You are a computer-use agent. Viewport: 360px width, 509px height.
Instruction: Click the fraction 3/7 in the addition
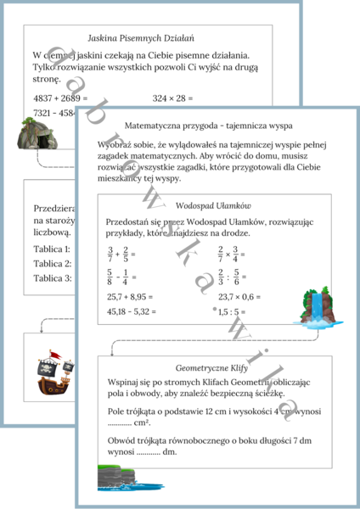pyautogui.click(x=110, y=253)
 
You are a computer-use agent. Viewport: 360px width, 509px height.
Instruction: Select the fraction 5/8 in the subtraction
pyautogui.click(x=110, y=277)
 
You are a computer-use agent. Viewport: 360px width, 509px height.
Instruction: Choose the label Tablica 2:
pyautogui.click(x=50, y=263)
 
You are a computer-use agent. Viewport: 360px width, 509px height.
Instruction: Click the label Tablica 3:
pyautogui.click(x=50, y=277)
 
